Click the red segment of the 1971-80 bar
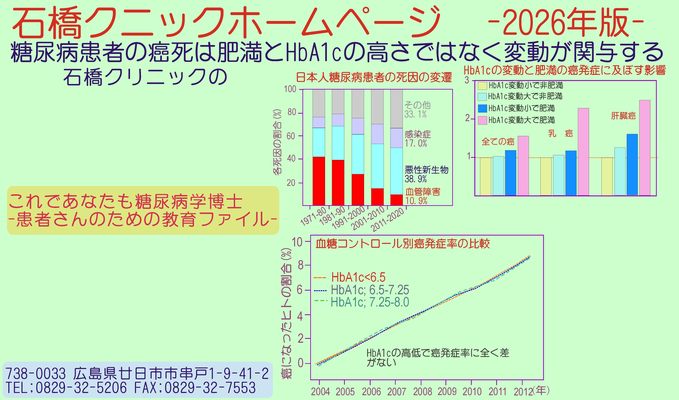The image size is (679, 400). tap(319, 181)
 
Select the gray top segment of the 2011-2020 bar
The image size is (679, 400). tap(397, 109)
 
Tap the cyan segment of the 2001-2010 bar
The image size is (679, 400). tap(377, 166)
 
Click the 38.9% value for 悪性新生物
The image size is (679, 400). tap(416, 179)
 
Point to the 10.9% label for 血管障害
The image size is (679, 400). tap(416, 201)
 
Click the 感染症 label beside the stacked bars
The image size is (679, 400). tap(418, 134)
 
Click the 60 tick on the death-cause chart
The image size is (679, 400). tap(291, 136)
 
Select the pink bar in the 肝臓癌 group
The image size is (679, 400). tap(645, 148)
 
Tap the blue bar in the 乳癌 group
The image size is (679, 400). tap(571, 173)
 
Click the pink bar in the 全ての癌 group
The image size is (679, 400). tap(523, 166)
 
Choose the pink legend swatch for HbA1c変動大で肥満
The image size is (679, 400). tap(482, 120)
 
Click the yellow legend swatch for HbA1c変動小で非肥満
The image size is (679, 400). tap(482, 86)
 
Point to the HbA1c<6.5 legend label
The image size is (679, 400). tap(358, 277)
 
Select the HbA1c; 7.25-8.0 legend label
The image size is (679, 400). tap(370, 302)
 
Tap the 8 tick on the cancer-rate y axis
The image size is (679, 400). tap(300, 266)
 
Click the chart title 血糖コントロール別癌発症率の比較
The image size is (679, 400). tap(403, 244)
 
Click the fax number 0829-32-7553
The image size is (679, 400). tap(210, 388)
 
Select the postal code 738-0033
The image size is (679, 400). tap(36, 374)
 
